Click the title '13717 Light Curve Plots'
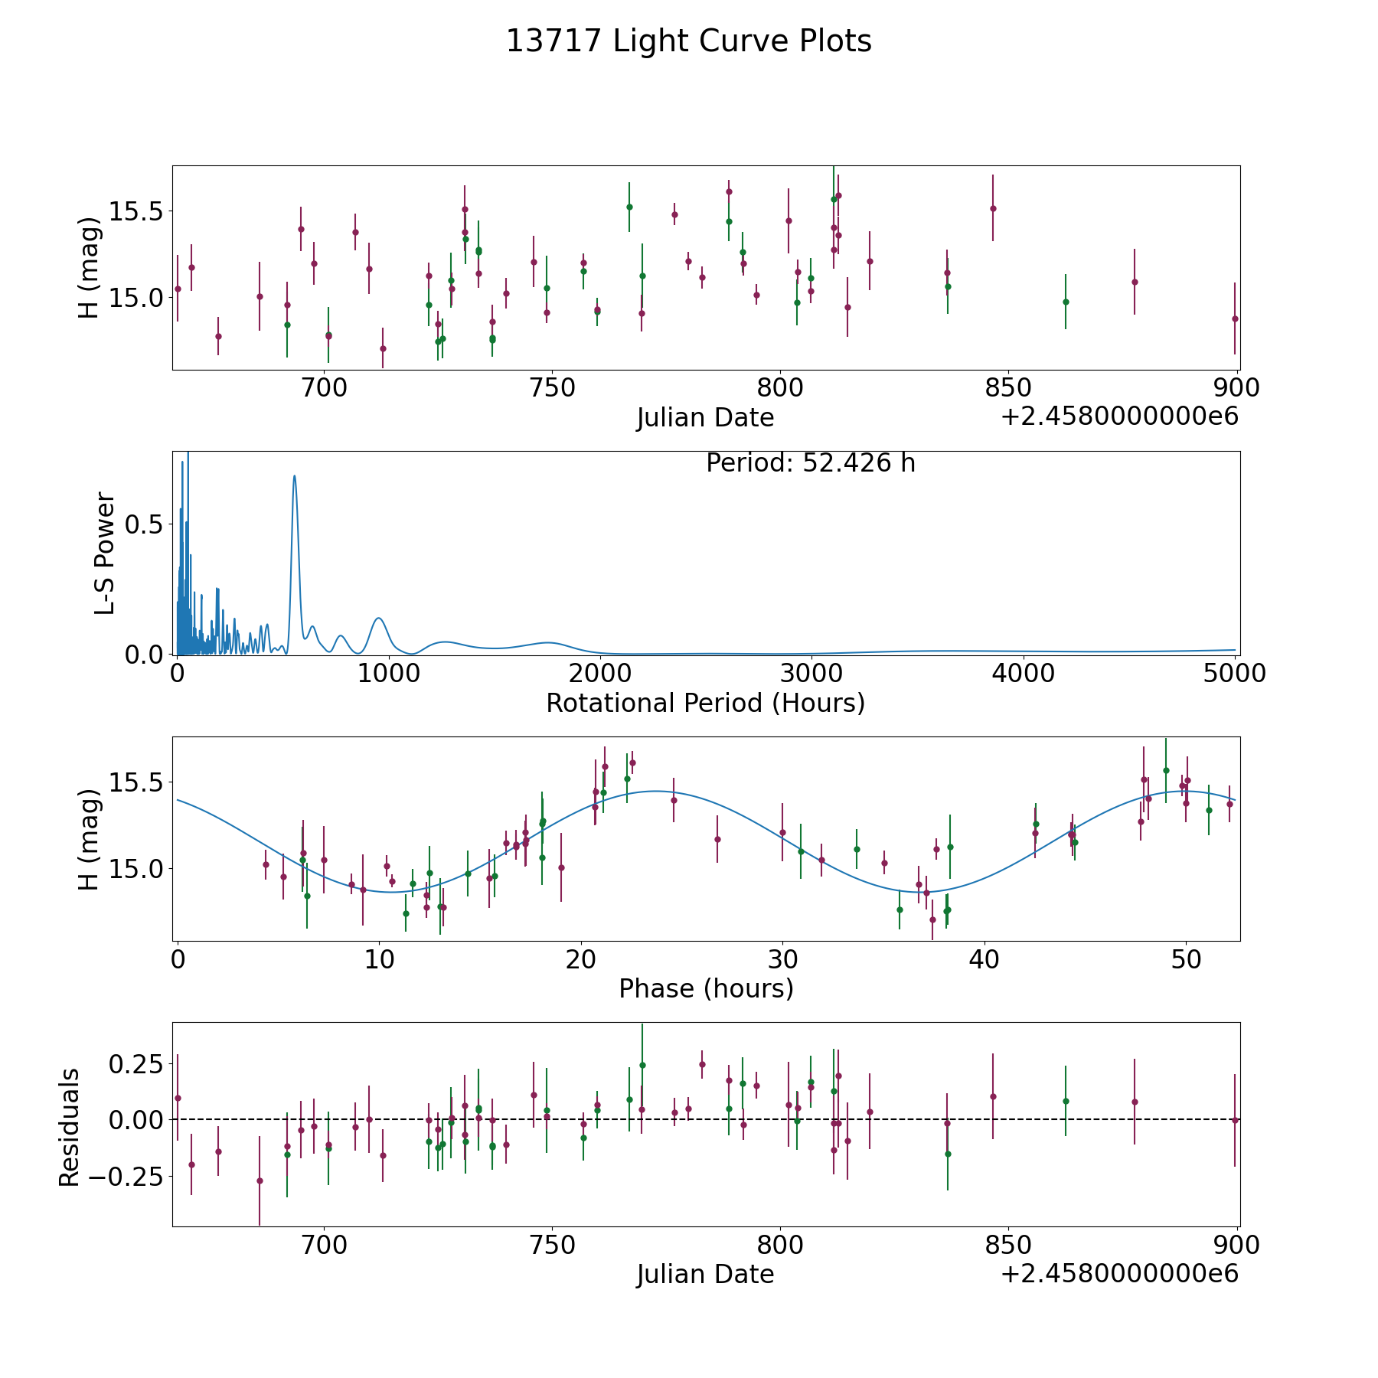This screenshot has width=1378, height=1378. (689, 41)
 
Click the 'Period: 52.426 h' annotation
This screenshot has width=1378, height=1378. (811, 463)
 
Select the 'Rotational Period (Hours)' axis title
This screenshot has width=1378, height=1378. (705, 703)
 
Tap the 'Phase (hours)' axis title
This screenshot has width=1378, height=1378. (706, 989)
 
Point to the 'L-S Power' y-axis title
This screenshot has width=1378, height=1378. (105, 553)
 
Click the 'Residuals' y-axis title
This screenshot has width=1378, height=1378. (70, 1128)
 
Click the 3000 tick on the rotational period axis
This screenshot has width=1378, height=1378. (811, 673)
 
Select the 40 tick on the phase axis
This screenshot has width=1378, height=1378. (985, 958)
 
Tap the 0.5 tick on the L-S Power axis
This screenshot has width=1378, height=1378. (145, 524)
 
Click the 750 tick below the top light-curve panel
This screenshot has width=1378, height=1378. (552, 387)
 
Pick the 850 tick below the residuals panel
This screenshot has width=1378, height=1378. (1007, 1245)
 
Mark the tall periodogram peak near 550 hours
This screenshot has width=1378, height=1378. (294, 475)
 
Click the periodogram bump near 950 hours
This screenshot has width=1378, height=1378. (379, 618)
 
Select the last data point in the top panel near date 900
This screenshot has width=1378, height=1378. (1235, 318)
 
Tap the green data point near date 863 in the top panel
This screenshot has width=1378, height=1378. (1066, 302)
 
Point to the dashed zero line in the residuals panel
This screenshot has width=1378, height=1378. (706, 1119)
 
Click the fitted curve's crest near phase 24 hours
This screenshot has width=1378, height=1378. (655, 791)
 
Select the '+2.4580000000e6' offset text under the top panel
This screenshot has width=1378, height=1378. (1119, 416)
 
